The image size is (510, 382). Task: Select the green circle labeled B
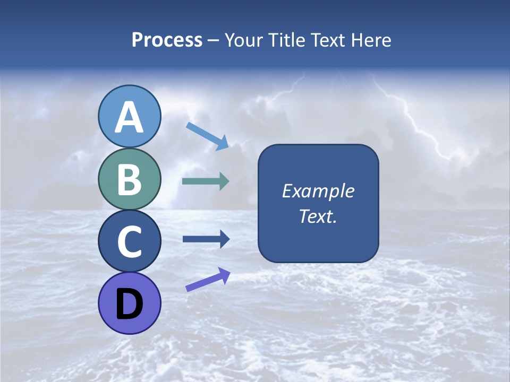pos(129,179)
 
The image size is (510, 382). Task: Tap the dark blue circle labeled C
pos(129,241)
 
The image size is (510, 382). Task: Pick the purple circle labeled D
pos(129,303)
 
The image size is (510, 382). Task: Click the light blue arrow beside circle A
pos(207,136)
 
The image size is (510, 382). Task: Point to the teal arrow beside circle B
pos(206,181)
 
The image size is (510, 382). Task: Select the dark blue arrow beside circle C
pos(206,239)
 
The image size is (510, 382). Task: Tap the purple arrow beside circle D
pos(208,280)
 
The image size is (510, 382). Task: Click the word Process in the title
pos(167,40)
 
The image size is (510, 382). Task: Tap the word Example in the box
pos(318,191)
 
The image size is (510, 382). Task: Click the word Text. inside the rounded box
pos(318,216)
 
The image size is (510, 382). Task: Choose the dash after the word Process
pos(214,40)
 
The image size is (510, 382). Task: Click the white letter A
pos(129,118)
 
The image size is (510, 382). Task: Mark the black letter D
pos(129,305)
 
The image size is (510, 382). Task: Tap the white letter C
pos(129,242)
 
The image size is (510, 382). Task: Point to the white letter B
pos(129,180)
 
